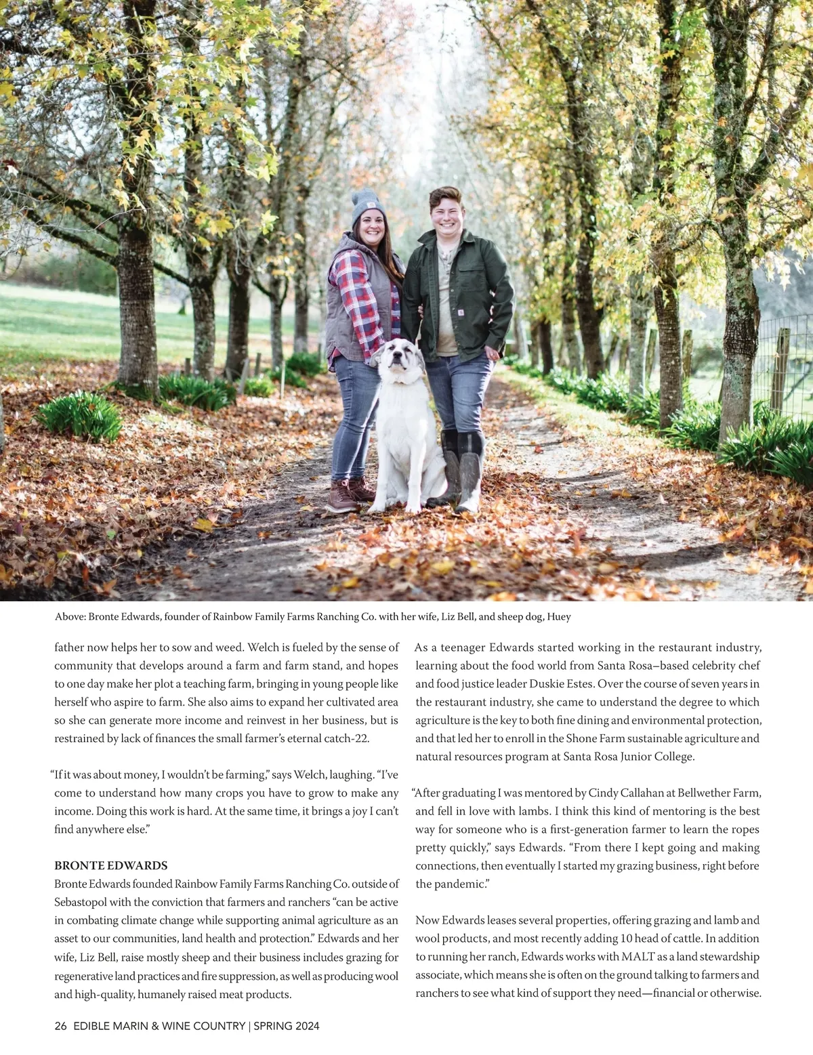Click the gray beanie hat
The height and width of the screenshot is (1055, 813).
368,207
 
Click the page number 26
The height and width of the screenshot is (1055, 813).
61,1026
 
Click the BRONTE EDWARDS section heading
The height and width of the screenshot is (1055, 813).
110,865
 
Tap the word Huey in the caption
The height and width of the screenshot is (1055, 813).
559,617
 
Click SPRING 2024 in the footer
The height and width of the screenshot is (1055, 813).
286,1026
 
